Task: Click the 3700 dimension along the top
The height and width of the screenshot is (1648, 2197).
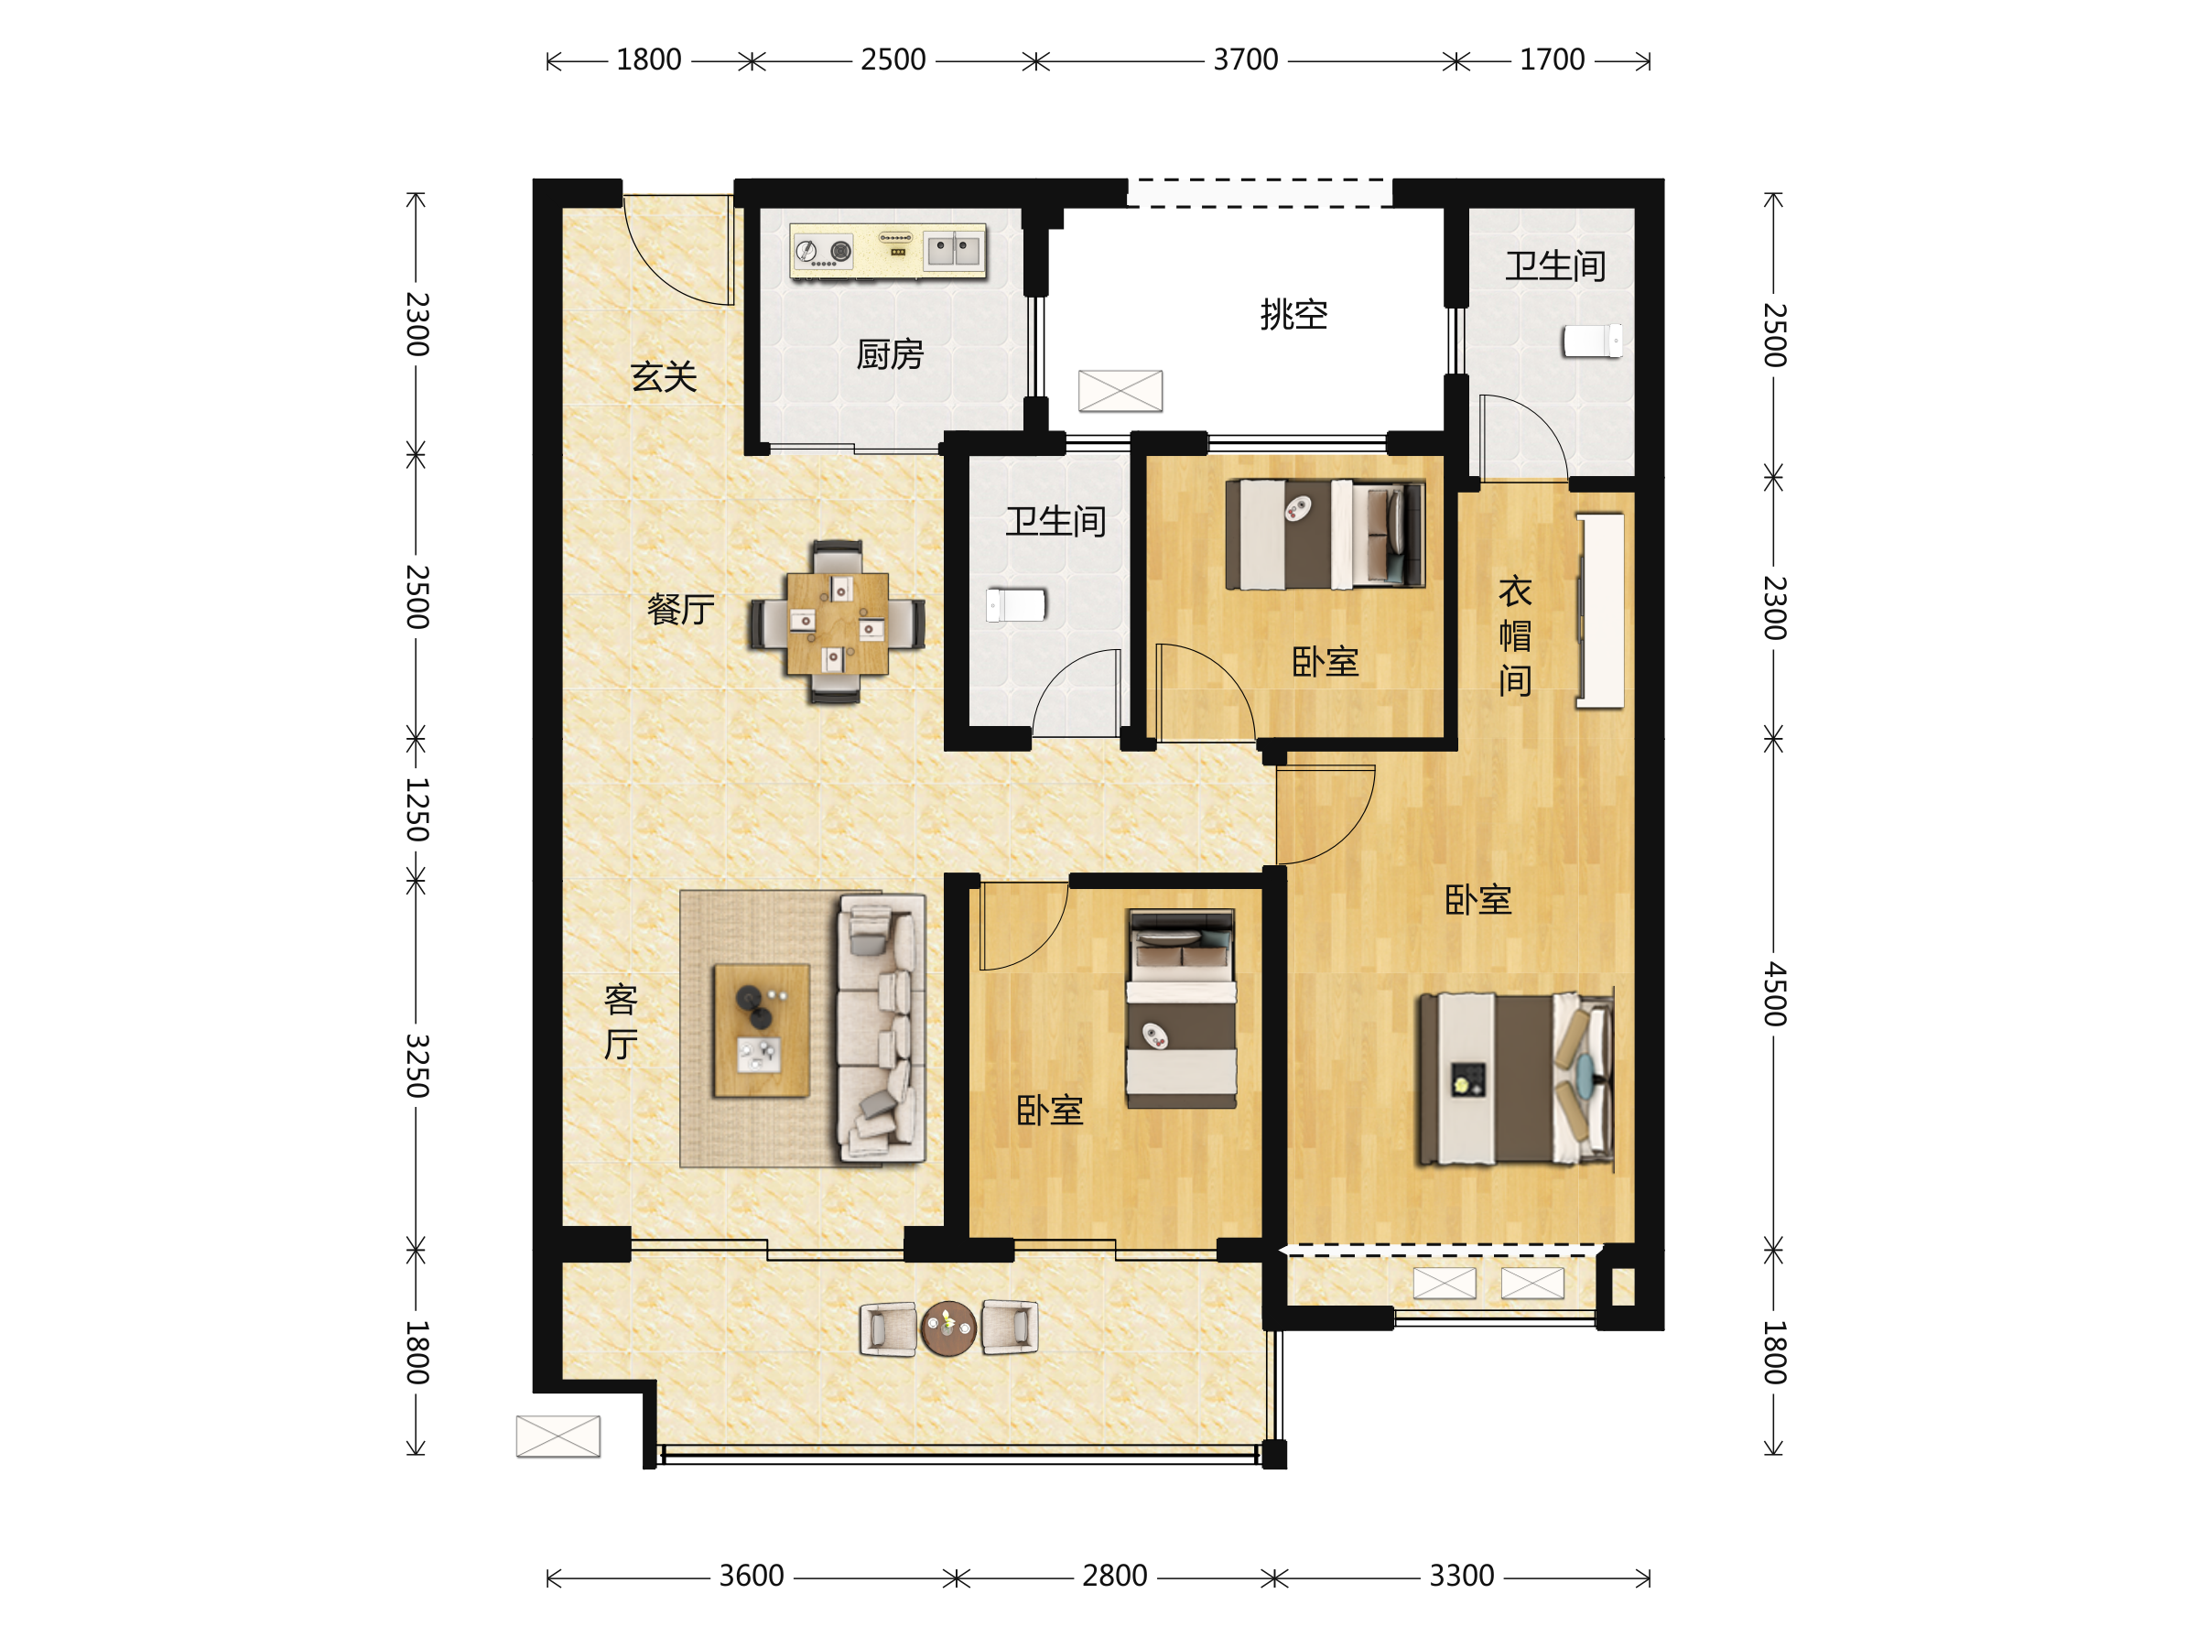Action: (1246, 60)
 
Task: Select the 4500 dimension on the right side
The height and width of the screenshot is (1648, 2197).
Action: (1775, 993)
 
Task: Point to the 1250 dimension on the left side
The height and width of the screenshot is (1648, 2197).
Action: (417, 809)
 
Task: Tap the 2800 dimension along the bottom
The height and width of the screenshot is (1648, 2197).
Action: (1114, 1576)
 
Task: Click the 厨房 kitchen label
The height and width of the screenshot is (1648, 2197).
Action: (890, 354)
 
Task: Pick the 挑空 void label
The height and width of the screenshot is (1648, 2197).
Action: (1294, 315)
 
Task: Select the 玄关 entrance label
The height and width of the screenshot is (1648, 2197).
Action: (664, 376)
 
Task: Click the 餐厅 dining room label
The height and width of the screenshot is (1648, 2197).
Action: (680, 609)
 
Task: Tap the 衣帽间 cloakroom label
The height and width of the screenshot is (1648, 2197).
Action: (1515, 635)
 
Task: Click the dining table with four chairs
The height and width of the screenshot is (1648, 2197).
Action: (838, 623)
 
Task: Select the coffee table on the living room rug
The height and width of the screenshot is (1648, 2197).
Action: (762, 1030)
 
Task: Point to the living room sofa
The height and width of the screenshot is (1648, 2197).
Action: (882, 1028)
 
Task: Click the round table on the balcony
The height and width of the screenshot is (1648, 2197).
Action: (948, 1328)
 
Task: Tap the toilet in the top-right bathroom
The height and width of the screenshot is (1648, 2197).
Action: (1592, 341)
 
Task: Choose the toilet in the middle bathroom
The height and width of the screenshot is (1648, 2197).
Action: (1016, 605)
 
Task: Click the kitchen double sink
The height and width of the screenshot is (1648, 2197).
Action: (953, 249)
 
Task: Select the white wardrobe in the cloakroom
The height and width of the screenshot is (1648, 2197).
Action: (1600, 611)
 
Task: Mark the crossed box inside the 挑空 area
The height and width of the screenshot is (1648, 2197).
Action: (1120, 390)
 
